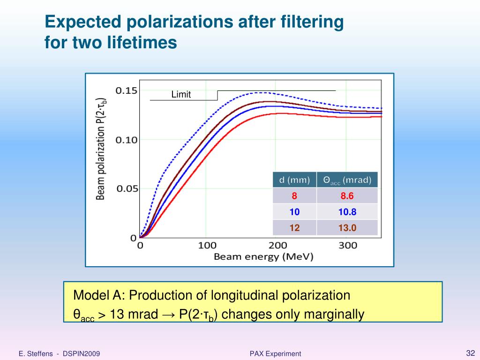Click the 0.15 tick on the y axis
coord(127,90)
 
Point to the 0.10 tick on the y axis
coord(127,140)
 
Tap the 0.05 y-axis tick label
coord(127,189)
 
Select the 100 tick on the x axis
coord(207,245)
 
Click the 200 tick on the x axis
coord(277,245)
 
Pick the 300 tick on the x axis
coord(348,245)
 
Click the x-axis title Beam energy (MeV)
coord(263,257)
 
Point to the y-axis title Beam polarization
coord(101,149)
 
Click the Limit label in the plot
coord(181,95)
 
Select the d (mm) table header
coord(294,180)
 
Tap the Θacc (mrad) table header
coord(347,180)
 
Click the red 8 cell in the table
coord(294,196)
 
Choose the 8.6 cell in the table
coord(347,196)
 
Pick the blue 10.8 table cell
coord(347,212)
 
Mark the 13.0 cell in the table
coord(347,228)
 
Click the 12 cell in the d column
coord(294,228)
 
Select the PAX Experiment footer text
coord(275,353)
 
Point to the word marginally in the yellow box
coord(334,314)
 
